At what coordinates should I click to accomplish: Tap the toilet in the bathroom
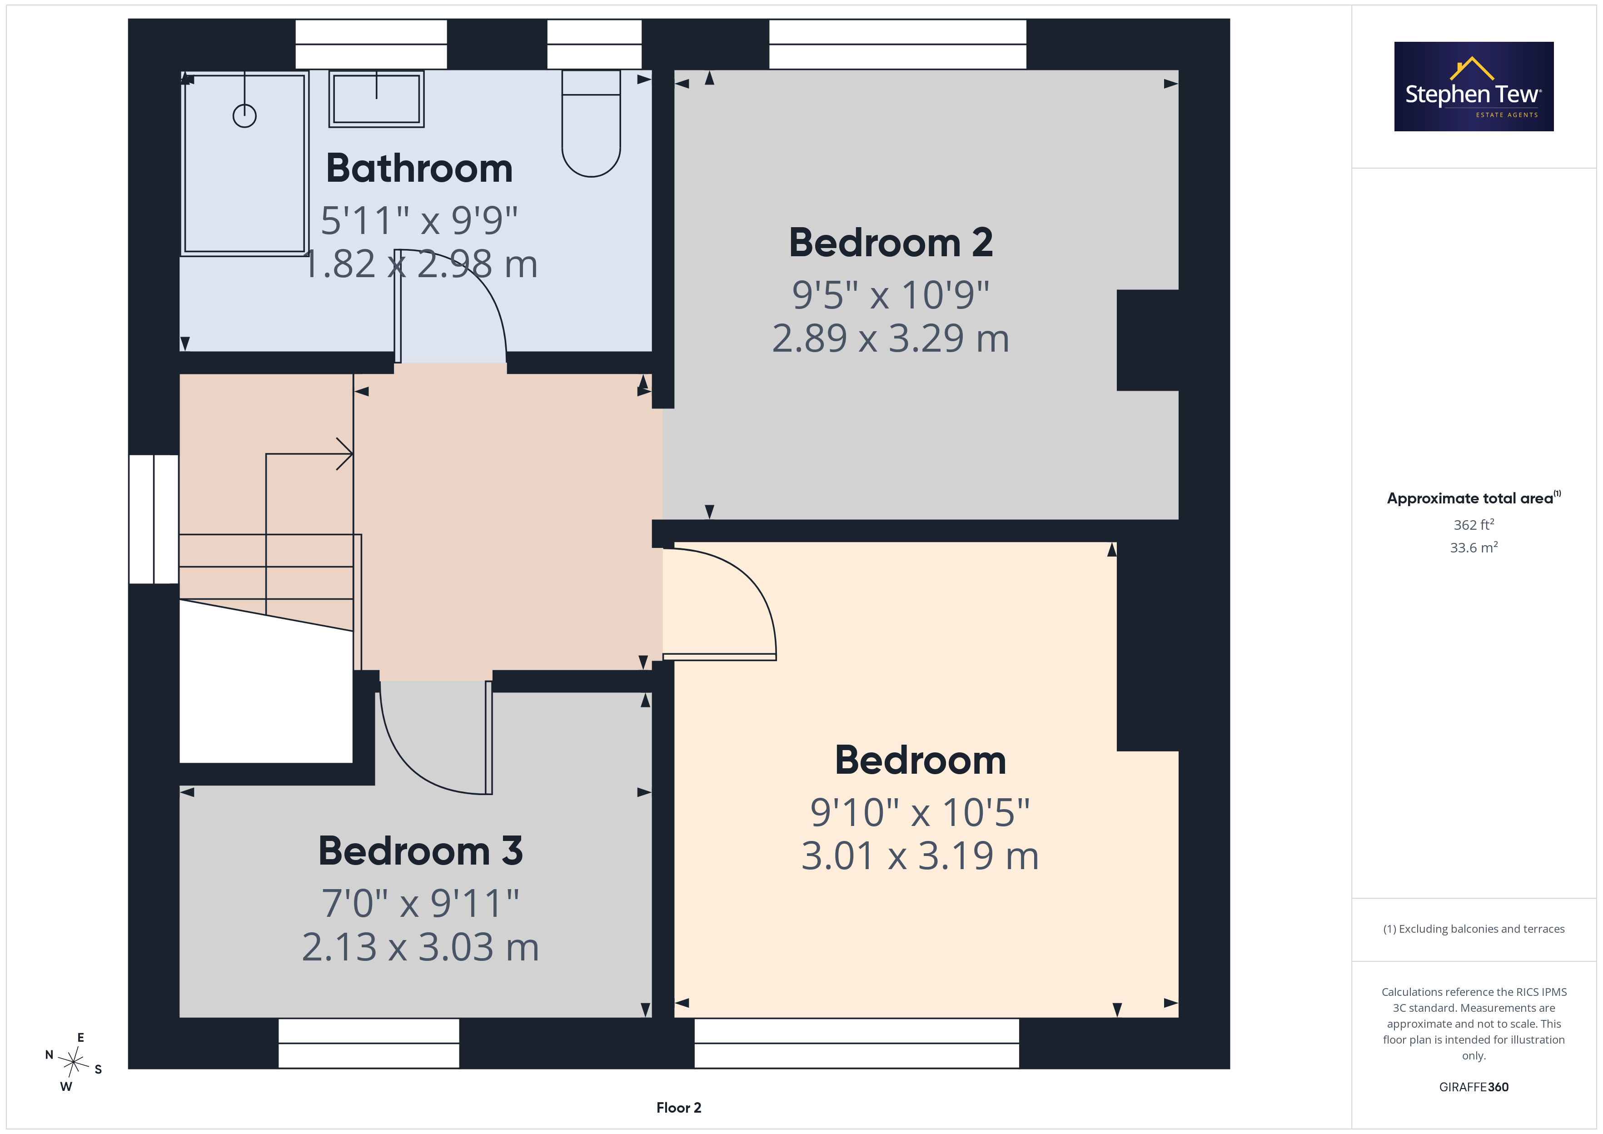point(591,123)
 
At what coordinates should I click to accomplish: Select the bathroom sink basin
point(376,99)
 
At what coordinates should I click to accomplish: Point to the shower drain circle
point(244,115)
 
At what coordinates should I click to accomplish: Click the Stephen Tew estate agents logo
point(1474,87)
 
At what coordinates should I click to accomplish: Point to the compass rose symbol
point(73,1062)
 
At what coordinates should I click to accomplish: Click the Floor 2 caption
point(679,1108)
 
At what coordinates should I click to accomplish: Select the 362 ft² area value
point(1474,524)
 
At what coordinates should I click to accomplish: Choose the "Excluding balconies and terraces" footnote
point(1474,929)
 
